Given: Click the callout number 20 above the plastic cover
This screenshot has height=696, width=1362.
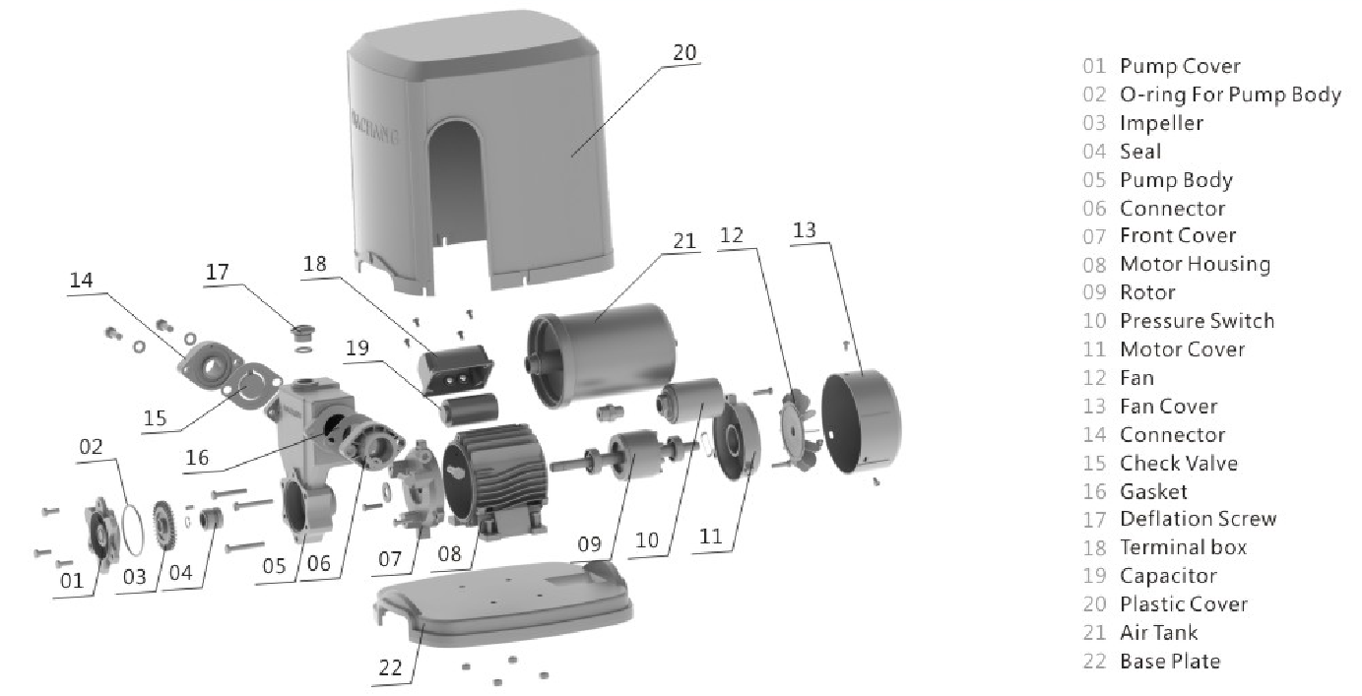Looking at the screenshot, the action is [684, 52].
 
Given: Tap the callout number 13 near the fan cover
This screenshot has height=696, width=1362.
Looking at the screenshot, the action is [804, 230].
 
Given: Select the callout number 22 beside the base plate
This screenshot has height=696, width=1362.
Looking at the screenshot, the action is [390, 667].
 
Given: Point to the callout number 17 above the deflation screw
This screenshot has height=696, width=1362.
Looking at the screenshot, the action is [217, 272].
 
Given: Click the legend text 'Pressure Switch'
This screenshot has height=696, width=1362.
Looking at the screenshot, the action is [1197, 320].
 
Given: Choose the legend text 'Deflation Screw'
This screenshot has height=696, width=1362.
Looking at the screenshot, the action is [1198, 519].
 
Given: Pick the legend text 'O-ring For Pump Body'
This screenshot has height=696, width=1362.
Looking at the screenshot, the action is [1230, 95].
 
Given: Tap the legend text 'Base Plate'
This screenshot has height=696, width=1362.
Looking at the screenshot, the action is [1170, 661].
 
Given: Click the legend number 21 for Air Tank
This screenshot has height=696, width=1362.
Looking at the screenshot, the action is [1094, 633].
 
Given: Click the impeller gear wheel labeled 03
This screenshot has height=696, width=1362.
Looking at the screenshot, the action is [164, 525].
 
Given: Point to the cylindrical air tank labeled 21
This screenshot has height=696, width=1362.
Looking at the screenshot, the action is [601, 354].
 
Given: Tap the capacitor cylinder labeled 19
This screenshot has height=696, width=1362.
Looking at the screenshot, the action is [468, 408].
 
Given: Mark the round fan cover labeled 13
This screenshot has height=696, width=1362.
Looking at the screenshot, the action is [861, 421].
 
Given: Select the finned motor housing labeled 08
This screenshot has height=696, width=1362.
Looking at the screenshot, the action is [495, 478].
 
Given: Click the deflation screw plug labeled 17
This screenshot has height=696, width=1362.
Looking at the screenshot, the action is [302, 333].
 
